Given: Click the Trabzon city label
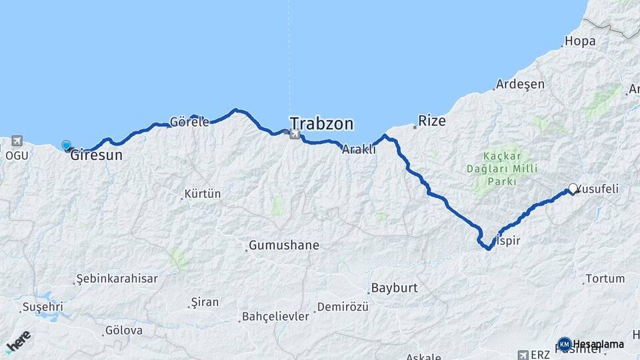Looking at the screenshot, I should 321,124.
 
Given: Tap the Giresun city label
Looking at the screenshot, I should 97,155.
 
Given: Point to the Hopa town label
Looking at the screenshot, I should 579,41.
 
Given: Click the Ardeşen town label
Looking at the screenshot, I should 521,85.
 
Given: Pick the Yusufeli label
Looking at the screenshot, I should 598,189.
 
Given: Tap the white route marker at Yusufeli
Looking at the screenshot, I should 573,189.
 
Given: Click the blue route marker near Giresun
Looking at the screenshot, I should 66,145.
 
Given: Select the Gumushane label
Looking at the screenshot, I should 284,245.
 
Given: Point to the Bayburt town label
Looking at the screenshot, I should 393,289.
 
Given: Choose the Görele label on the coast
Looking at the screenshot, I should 190,122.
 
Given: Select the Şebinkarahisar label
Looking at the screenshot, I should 117,279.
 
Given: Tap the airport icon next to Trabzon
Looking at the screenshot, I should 293,135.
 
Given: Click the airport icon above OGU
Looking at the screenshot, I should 16,141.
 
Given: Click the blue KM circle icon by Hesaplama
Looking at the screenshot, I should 564,344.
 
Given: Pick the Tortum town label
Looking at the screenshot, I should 605,279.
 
